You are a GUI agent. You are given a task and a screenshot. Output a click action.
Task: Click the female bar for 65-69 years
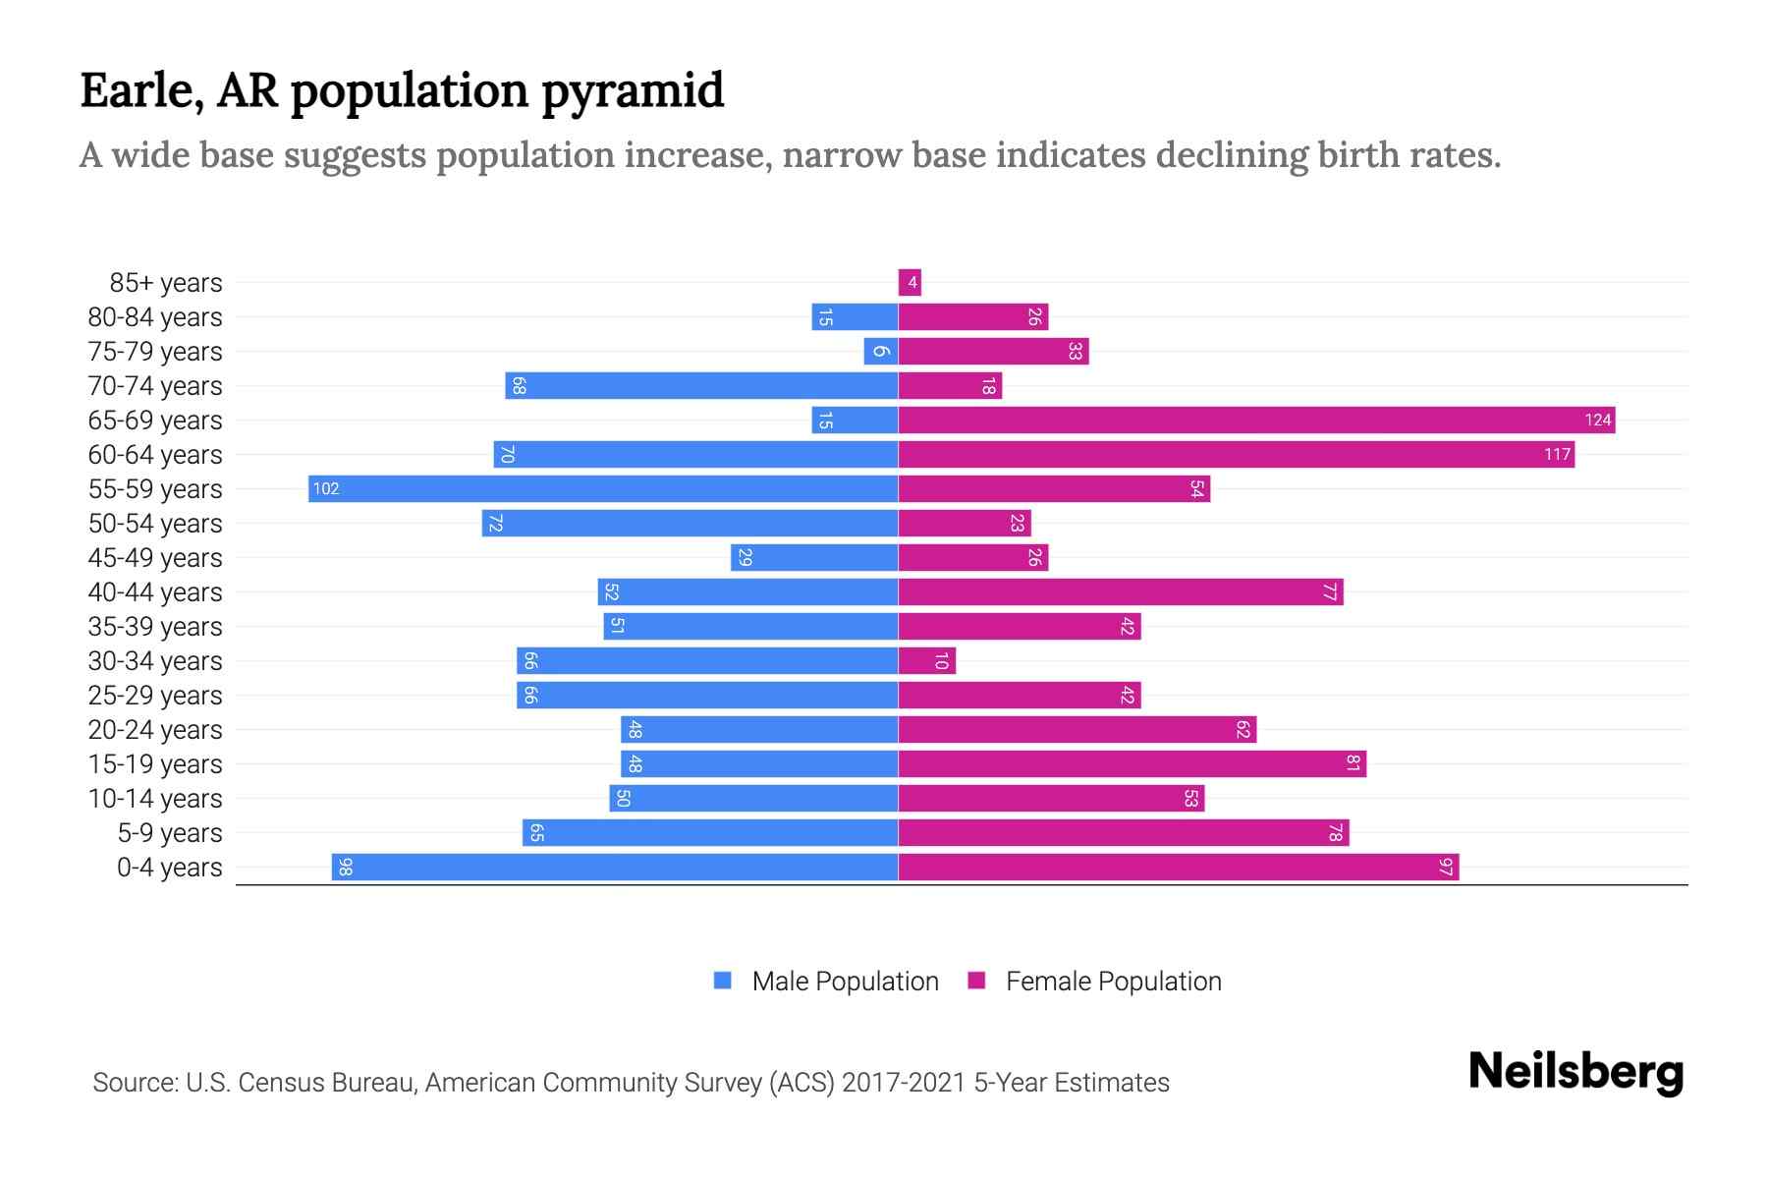[x=1256, y=421]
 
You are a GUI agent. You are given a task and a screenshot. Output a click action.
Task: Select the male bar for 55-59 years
[x=603, y=489]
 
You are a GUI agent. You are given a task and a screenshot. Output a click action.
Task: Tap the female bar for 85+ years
[x=910, y=283]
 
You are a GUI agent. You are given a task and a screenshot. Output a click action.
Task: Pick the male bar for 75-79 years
[x=881, y=352]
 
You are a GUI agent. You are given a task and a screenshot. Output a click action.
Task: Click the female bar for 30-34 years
[x=926, y=661]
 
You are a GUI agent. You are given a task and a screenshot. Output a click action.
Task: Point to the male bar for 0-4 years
[x=615, y=868]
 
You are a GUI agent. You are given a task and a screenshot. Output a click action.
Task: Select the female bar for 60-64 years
[x=1236, y=455]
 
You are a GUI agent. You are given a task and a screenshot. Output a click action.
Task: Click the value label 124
[x=1597, y=421]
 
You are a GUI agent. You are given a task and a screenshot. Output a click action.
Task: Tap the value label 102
[x=325, y=489]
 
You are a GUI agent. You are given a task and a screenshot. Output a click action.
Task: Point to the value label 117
[x=1557, y=455]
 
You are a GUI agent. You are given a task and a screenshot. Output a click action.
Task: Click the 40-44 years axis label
[x=155, y=592]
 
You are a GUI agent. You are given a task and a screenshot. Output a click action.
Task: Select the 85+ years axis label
[x=166, y=283]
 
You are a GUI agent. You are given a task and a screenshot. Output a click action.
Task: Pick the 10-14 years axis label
[x=155, y=799]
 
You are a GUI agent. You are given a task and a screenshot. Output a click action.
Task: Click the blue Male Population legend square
[x=723, y=981]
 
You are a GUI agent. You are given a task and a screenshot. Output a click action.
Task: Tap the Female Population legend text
[x=1113, y=982]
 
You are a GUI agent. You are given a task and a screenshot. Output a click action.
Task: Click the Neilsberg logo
[x=1575, y=1072]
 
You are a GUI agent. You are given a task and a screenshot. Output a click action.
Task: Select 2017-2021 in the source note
[x=904, y=1083]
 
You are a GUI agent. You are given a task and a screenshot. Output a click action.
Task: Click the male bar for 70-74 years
[x=701, y=386]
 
